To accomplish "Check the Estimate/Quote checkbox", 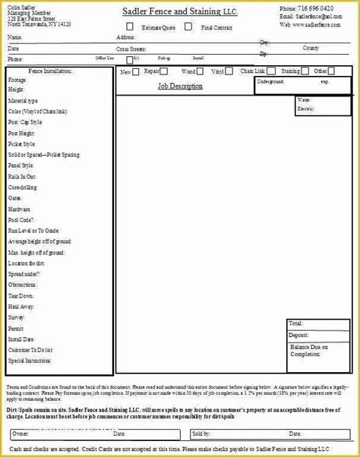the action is pos(130,27).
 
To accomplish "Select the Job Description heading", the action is pos(180,87).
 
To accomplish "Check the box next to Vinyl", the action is pos(235,72).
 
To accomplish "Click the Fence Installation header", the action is pos(50,71).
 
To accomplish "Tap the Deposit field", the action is pos(298,335).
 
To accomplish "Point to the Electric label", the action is pos(305,109).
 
